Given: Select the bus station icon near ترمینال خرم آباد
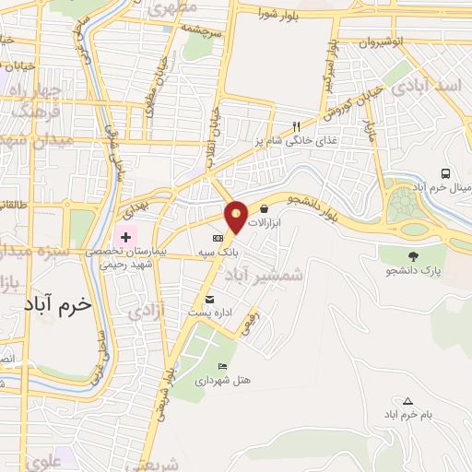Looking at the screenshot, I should point(446,173).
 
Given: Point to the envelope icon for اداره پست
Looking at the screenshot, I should point(210,300).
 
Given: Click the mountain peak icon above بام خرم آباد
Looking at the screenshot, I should point(408,400).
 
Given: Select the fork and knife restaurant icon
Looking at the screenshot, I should point(296,126).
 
